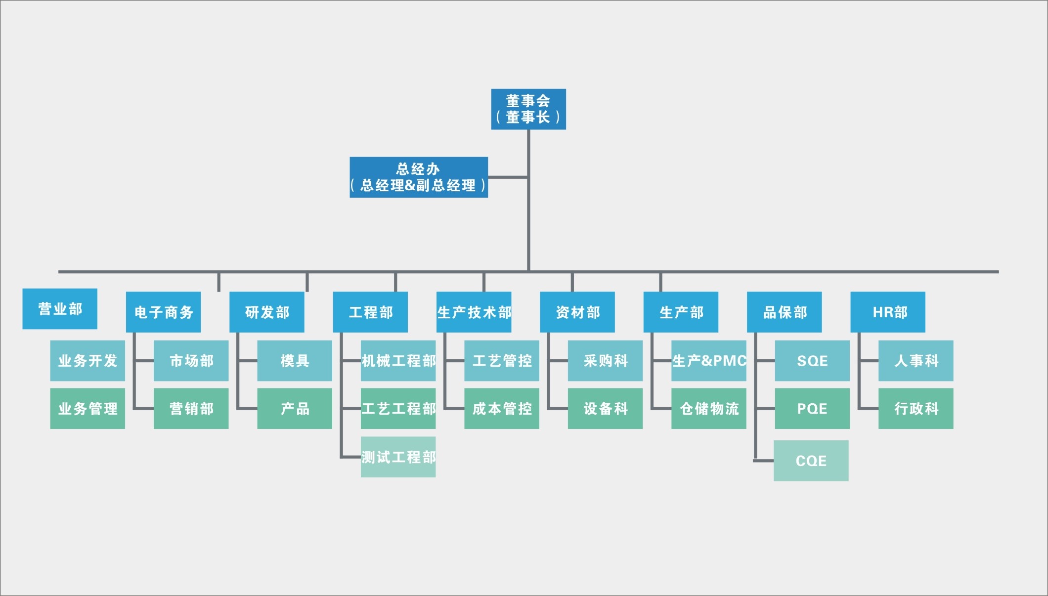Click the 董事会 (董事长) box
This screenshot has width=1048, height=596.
[x=528, y=109]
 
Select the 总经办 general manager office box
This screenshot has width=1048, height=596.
[x=418, y=177]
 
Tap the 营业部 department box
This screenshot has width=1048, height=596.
[x=60, y=309]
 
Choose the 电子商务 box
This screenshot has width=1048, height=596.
[x=163, y=312]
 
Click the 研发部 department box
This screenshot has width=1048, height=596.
[x=266, y=312]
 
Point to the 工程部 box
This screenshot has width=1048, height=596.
[x=370, y=312]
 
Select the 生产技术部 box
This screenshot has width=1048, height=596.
[x=474, y=312]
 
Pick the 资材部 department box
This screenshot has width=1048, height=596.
[x=577, y=312]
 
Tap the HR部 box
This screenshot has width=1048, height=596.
[x=887, y=312]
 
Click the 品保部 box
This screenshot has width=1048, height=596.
[x=784, y=312]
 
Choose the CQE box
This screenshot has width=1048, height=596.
[x=811, y=461]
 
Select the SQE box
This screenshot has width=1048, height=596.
[x=812, y=361]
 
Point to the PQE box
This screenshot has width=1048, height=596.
[x=812, y=408]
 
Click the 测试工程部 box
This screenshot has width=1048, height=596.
[x=398, y=457]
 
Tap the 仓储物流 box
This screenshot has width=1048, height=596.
[x=708, y=408]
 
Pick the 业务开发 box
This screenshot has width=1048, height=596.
[x=87, y=361]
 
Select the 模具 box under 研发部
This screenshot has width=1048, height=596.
[x=294, y=361]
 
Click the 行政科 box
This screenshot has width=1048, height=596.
[x=916, y=408]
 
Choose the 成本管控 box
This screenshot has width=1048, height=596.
[x=501, y=408]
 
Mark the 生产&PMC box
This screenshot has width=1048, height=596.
[x=708, y=361]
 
